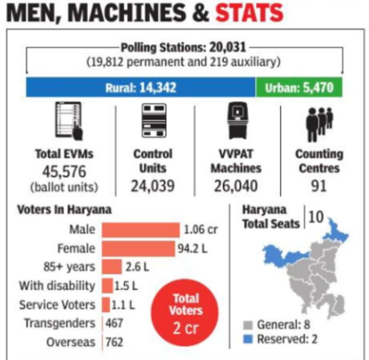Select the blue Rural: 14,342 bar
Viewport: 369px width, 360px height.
[x=140, y=88]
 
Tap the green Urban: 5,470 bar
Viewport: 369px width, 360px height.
[x=299, y=88]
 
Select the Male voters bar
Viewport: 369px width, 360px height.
[x=140, y=230]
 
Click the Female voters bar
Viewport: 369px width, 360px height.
[x=138, y=249]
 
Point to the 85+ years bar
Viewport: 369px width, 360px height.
[x=111, y=267]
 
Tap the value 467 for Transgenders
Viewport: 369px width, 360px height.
[x=114, y=323]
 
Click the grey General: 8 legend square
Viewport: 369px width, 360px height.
[x=247, y=324]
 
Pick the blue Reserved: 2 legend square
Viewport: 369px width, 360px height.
[x=247, y=338]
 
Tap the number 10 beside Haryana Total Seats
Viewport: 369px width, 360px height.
[x=315, y=217]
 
